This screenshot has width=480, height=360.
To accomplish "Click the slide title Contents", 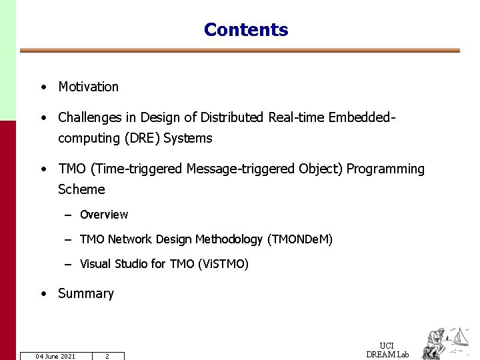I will [246, 30].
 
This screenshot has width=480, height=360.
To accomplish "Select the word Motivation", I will [88, 87].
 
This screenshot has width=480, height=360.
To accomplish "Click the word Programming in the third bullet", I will [386, 169].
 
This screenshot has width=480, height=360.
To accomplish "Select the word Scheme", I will [81, 189].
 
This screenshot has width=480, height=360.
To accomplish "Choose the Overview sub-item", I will [104, 215].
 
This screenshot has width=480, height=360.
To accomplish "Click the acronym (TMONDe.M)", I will [299, 239].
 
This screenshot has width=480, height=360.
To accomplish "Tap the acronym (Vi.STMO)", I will [223, 264].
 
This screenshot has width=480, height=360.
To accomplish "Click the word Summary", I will [86, 293].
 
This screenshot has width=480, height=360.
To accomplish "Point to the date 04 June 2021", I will [55, 356].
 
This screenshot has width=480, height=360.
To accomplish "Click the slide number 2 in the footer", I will [107, 356].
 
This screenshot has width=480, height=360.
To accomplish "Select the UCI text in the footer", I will [387, 345].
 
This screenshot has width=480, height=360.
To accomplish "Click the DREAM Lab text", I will [387, 354].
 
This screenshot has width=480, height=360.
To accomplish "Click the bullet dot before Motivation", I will [43, 87].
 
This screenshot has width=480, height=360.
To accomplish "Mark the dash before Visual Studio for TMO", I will [68, 264].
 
